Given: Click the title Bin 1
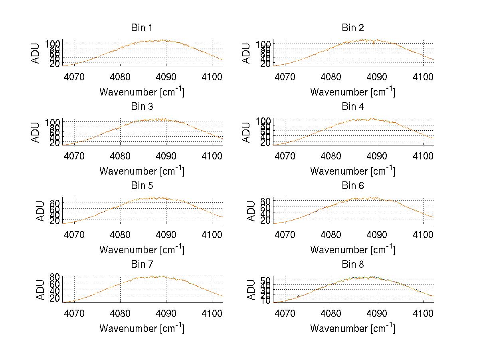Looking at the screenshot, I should [142, 28].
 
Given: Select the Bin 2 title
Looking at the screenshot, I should [353, 28].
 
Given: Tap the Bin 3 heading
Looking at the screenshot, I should [142, 107].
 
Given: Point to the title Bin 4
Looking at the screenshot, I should [353, 107].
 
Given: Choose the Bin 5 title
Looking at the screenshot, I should [142, 186].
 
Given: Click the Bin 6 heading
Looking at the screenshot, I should [353, 186].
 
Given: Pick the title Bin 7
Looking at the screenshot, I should [142, 265].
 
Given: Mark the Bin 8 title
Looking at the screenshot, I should [353, 265].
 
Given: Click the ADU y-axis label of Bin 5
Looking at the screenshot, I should [41, 211].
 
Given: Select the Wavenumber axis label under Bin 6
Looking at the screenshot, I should [353, 250].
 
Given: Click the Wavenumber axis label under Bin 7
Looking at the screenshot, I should [142, 328].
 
